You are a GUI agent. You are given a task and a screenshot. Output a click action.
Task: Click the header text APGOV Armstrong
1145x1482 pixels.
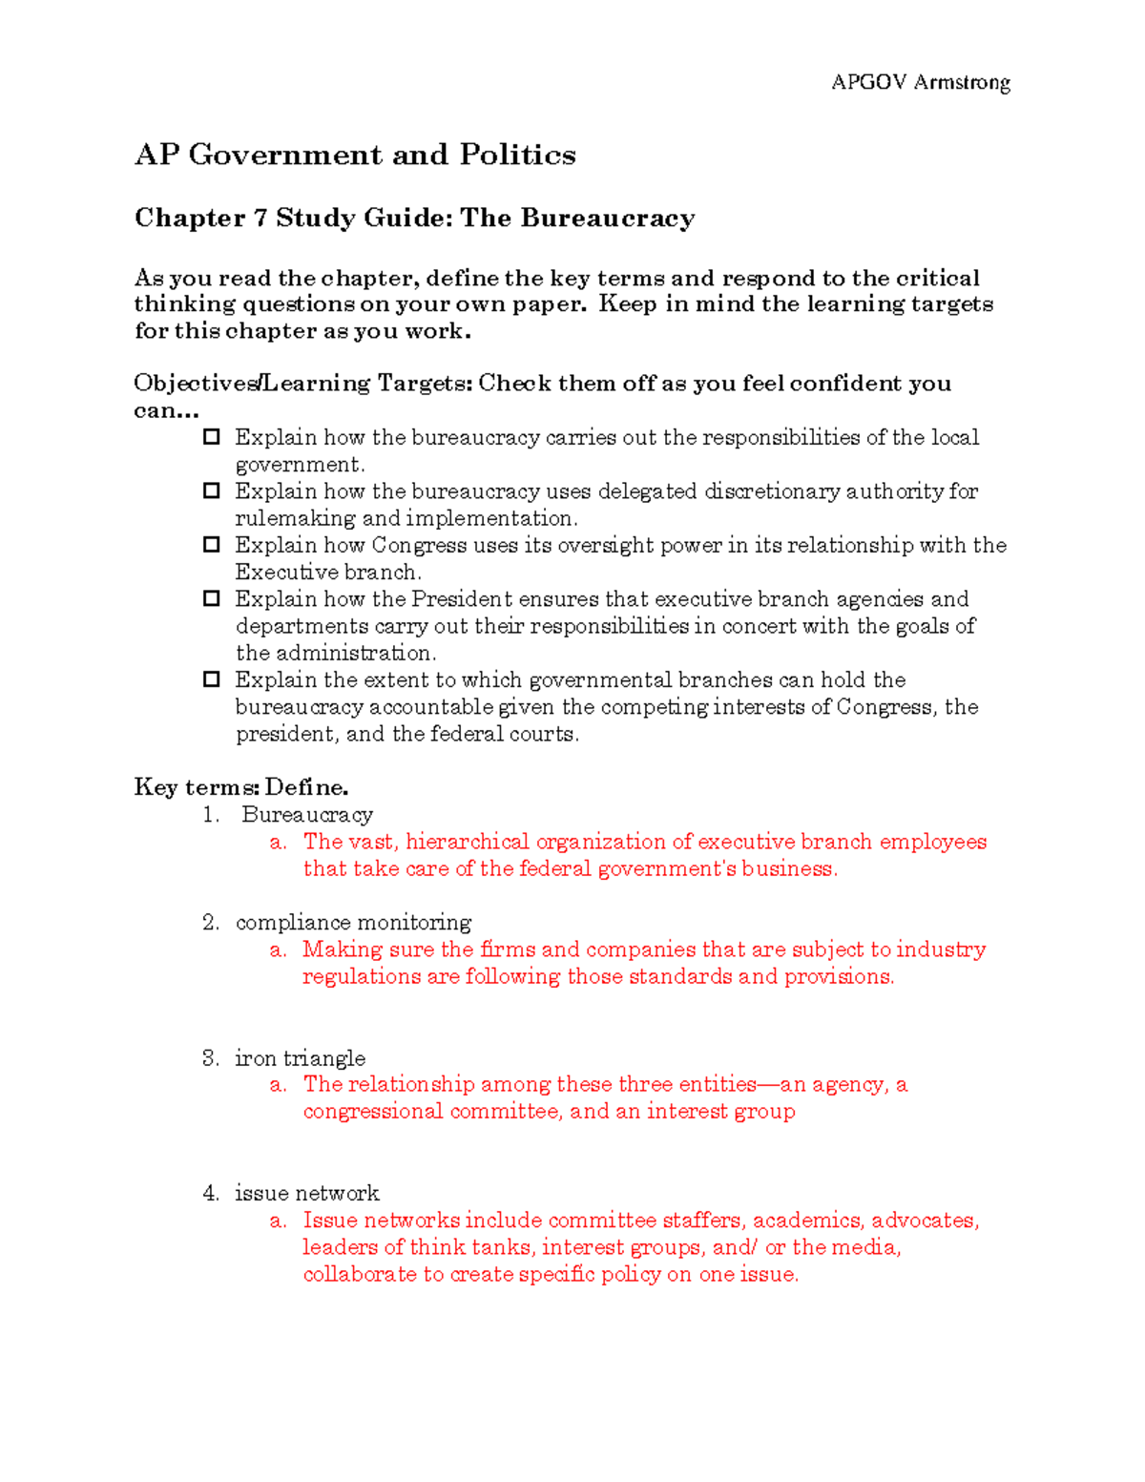[920, 83]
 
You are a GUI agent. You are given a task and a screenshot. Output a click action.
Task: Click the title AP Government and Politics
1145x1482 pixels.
[355, 155]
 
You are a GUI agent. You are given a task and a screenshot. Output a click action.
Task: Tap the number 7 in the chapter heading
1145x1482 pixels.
[260, 219]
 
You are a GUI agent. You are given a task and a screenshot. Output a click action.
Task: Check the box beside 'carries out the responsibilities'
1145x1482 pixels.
[212, 437]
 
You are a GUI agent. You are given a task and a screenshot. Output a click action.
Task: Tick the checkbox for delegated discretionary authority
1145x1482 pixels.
[212, 491]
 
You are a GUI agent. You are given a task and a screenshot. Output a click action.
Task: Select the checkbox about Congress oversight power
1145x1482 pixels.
[212, 545]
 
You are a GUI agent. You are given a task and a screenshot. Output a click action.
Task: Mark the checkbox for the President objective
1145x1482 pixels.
[212, 598]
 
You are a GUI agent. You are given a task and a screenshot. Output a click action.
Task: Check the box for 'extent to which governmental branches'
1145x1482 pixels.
[212, 679]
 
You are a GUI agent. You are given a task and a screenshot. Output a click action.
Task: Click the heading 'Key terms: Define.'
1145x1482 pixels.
[241, 787]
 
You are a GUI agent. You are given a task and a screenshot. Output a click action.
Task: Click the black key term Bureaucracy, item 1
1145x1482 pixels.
[306, 815]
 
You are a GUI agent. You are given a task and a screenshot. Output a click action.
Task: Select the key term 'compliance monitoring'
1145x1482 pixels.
[353, 923]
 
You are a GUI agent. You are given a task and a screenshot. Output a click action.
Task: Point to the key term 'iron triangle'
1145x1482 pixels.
[300, 1058]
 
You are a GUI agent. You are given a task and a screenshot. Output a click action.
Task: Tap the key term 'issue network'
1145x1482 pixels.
[306, 1193]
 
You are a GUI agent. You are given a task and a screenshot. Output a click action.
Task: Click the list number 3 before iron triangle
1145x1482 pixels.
[210, 1058]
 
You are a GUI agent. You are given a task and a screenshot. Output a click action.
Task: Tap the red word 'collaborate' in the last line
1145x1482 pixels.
[360, 1275]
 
